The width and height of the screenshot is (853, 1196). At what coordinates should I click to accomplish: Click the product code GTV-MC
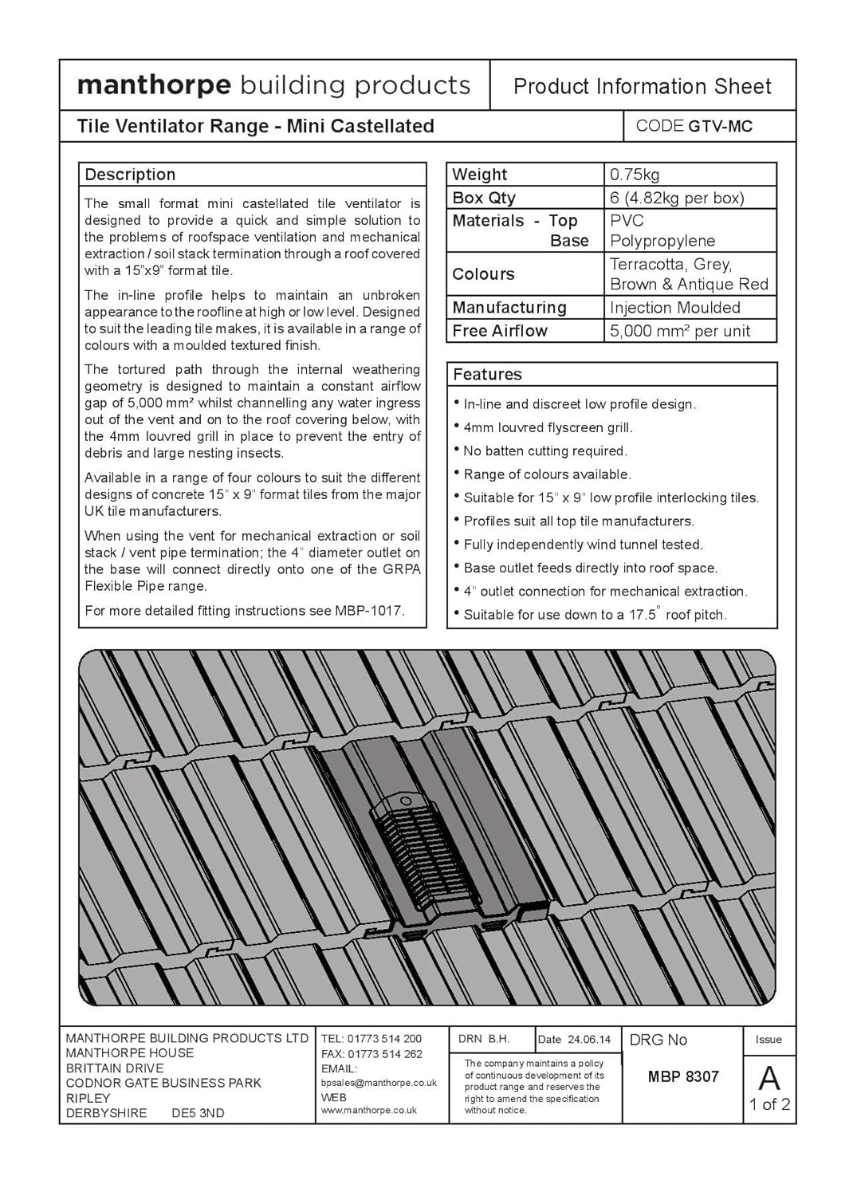[x=720, y=126]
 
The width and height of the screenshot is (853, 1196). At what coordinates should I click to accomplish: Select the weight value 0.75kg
[x=635, y=175]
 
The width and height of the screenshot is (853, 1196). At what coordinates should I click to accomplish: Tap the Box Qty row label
[x=484, y=198]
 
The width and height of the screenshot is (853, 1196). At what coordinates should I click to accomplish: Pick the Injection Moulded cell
[x=674, y=308]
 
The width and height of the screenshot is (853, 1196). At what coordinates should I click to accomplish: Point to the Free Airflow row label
[x=500, y=331]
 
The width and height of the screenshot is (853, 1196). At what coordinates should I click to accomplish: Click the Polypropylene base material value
[x=662, y=241]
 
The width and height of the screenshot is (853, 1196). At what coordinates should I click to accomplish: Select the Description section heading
[x=130, y=175]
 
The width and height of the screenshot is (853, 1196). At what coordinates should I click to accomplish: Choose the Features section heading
[x=487, y=375]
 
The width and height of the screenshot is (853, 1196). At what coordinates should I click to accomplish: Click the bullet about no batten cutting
[x=545, y=451]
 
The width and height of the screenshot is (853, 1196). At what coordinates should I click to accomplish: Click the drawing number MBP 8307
[x=683, y=1076]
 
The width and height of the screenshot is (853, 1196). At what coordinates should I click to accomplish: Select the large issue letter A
[x=769, y=1079]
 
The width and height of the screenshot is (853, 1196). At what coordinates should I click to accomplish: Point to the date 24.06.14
[x=589, y=1040]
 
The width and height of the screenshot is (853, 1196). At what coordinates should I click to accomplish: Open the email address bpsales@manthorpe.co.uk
[x=379, y=1083]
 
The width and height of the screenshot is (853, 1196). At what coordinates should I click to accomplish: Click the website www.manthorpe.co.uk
[x=368, y=1110]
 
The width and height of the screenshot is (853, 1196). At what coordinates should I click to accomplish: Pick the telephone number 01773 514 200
[x=384, y=1039]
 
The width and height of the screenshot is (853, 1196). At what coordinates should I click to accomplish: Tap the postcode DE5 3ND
[x=198, y=1113]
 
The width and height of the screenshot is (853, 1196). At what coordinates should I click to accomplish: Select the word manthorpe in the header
[x=154, y=85]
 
